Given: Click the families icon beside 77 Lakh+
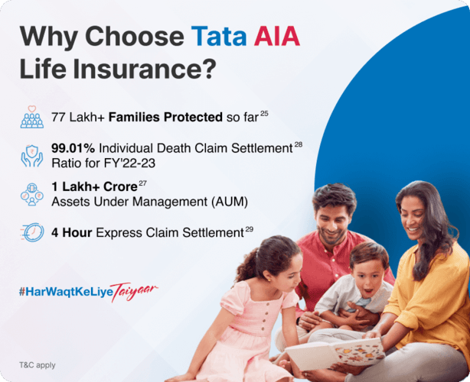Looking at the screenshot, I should pos(32,117).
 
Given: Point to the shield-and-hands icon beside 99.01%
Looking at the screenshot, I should pos(32,156).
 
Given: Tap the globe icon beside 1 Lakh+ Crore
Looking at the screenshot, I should pos(32,193).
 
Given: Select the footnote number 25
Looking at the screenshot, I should pos(264,113).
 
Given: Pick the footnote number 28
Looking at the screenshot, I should pos(299,143).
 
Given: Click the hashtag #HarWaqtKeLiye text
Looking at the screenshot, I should pos(69,290).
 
